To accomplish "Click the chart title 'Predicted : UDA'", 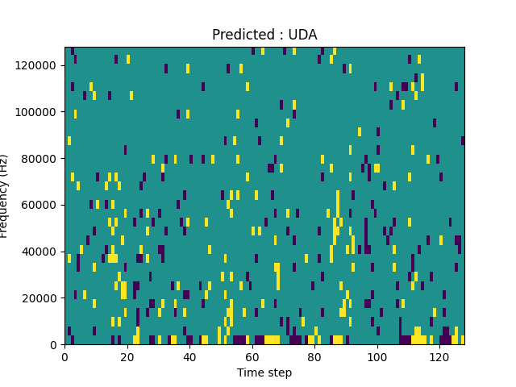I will (x=264, y=35).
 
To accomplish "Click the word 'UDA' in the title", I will (x=302, y=35).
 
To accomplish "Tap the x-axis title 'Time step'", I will (x=264, y=372).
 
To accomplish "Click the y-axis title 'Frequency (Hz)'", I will (x=5, y=196).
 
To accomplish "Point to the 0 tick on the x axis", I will (x=64, y=356).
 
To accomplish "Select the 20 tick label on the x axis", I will (x=127, y=356).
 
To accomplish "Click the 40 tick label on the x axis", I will (x=189, y=356).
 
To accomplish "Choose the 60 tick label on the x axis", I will (x=252, y=356).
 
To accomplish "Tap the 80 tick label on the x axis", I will (x=314, y=356).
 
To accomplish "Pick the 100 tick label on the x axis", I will (x=377, y=356).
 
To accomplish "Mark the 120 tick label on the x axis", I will (x=439, y=356).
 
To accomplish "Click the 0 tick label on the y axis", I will (x=54, y=345).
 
